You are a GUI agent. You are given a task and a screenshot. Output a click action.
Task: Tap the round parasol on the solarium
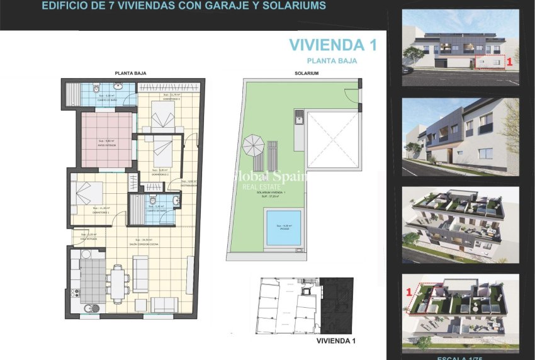point(254,146)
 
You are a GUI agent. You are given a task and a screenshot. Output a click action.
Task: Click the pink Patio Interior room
point(107,140)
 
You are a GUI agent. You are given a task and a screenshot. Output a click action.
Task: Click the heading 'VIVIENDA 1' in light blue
point(327,45)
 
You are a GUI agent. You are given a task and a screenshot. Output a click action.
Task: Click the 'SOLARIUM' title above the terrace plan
point(307,74)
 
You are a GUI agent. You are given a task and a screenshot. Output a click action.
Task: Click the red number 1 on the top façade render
point(509,62)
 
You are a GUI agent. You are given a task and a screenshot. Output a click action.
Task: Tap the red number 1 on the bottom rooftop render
point(410,292)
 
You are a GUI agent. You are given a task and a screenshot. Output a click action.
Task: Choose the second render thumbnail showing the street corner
point(461,137)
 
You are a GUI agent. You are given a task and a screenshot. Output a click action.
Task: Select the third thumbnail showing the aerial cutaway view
point(461,225)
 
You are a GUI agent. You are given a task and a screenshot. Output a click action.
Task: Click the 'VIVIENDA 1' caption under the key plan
point(337,340)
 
